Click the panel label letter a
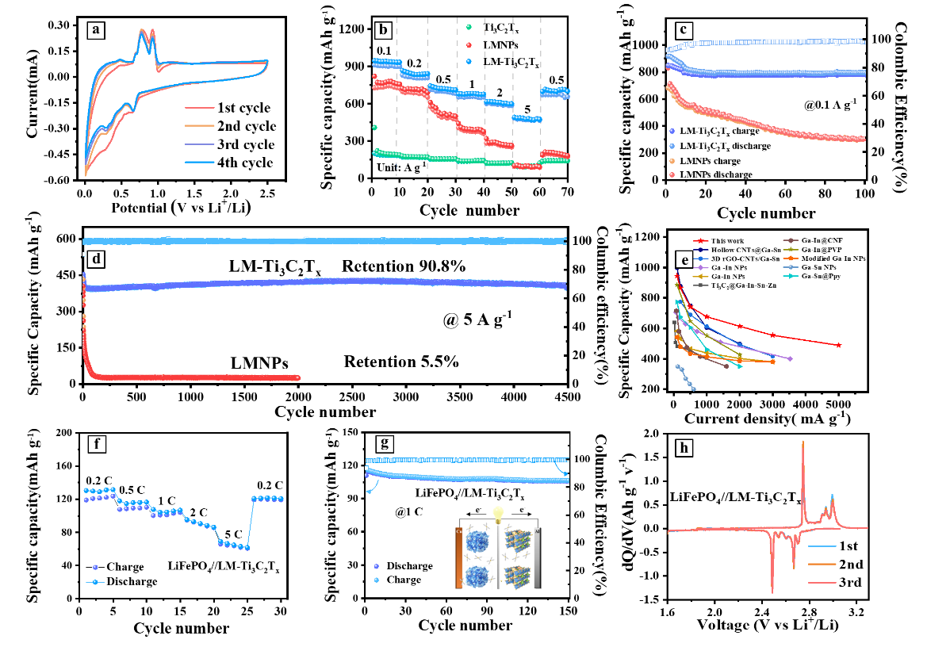tap(96, 31)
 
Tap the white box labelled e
tap(683, 260)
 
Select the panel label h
tap(684, 448)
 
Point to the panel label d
tap(96, 258)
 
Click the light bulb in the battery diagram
tap(499, 514)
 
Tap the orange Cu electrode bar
tap(458, 558)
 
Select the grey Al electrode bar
tap(537, 558)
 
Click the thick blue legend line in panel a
tap(200, 162)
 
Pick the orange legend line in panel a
tap(200, 125)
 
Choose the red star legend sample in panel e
tap(701, 240)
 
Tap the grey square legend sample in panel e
tap(701, 285)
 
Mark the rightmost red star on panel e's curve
tap(839, 345)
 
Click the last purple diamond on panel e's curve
tap(791, 359)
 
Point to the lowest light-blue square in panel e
tap(694, 389)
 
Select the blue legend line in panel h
tap(822, 546)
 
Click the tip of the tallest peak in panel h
tap(803, 442)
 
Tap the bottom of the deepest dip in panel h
tap(772, 591)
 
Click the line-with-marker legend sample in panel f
tap(95, 582)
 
